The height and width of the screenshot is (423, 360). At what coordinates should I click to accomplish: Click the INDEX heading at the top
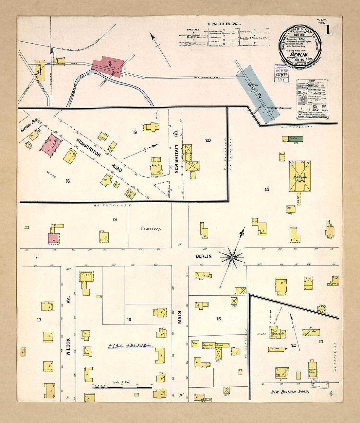[224, 24]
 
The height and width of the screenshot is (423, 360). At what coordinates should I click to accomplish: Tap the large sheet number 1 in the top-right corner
[327, 30]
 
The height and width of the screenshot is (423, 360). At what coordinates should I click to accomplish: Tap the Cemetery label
[151, 229]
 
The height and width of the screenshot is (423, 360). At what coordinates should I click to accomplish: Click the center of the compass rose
[232, 258]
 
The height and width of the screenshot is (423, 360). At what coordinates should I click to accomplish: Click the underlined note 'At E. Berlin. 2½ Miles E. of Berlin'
[130, 346]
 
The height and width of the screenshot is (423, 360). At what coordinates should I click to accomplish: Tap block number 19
[135, 132]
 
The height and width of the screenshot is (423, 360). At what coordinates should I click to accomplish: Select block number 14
[267, 190]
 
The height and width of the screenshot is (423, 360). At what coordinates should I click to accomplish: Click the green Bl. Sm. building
[292, 139]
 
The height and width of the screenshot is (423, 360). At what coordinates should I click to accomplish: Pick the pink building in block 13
[54, 238]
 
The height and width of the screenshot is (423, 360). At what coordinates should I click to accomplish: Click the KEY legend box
[313, 99]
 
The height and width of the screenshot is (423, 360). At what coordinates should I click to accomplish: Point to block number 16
[129, 320]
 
